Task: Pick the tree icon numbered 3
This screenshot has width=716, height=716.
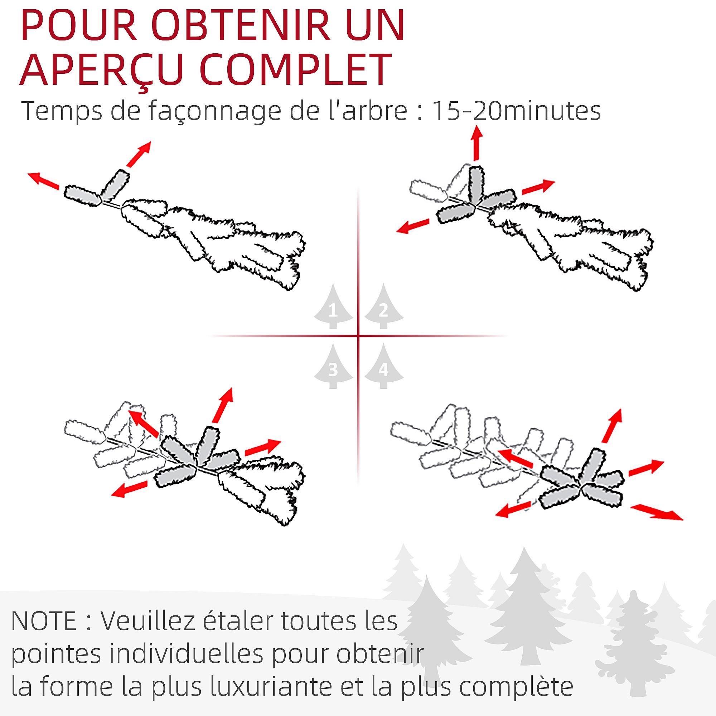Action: coord(333,366)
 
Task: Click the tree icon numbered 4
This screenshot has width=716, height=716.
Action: coord(383,366)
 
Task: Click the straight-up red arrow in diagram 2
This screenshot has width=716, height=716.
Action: coord(476,143)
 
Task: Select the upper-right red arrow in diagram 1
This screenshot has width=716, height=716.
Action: coord(139,154)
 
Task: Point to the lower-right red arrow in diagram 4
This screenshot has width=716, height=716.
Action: coord(656,512)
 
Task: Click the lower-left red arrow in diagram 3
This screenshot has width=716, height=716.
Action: coord(130,489)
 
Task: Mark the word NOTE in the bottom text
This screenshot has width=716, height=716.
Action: coord(44,621)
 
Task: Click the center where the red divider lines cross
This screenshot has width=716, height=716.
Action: coord(358,336)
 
